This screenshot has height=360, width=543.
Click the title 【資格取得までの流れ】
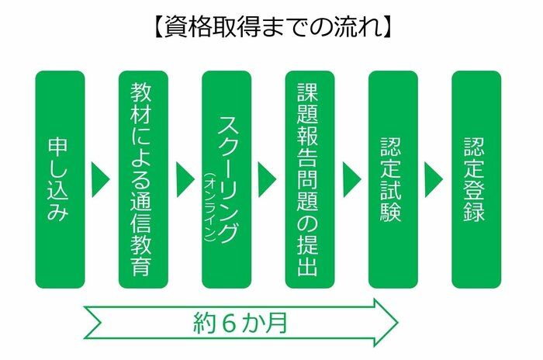pyautogui.click(x=272, y=26)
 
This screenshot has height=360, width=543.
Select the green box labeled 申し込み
pyautogui.click(x=60, y=179)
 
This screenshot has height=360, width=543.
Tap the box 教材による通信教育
pyautogui.click(x=143, y=179)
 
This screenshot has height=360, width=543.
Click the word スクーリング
pyautogui.click(x=227, y=179)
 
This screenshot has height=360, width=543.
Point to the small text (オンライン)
pyautogui.click(x=210, y=207)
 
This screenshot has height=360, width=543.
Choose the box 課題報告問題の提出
pyautogui.click(x=310, y=179)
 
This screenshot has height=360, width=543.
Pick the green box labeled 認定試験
pyautogui.click(x=393, y=179)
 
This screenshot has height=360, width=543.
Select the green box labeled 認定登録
pyautogui.click(x=476, y=179)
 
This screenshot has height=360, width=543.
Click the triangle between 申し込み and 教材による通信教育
pyautogui.click(x=100, y=179)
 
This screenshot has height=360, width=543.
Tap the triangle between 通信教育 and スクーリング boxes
pyautogui.click(x=185, y=179)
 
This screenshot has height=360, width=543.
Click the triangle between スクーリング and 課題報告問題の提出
pyautogui.click(x=267, y=179)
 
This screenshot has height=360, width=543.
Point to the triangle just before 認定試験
pyautogui.click(x=352, y=179)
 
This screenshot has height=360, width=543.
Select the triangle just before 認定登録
pyautogui.click(x=434, y=179)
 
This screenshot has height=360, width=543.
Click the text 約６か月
pyautogui.click(x=240, y=323)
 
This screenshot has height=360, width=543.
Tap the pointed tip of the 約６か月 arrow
pyautogui.click(x=398, y=322)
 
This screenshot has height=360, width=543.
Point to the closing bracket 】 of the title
pyautogui.click(x=389, y=26)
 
